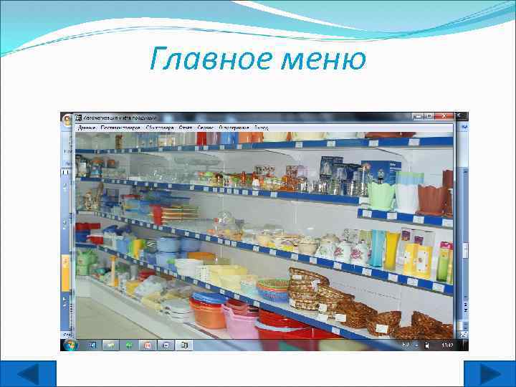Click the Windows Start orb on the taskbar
[70, 345]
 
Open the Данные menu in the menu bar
[87, 127]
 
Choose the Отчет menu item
[185, 127]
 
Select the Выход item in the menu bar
[261, 127]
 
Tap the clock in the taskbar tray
[448, 345]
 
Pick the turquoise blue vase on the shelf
[377, 247]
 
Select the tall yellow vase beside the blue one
[392, 249]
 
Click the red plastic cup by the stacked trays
[157, 214]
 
